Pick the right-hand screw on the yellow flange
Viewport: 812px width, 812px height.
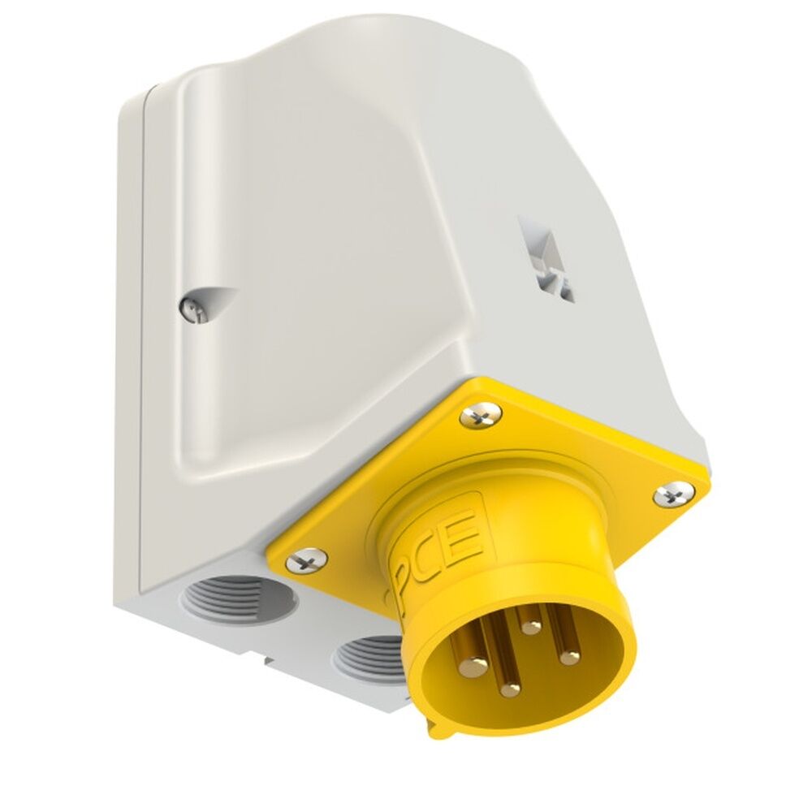tap(674, 493)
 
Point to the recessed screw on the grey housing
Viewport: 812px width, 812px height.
tap(190, 309)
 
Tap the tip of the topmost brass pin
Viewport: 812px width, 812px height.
tap(531, 626)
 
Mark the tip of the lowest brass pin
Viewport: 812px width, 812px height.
tap(510, 690)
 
